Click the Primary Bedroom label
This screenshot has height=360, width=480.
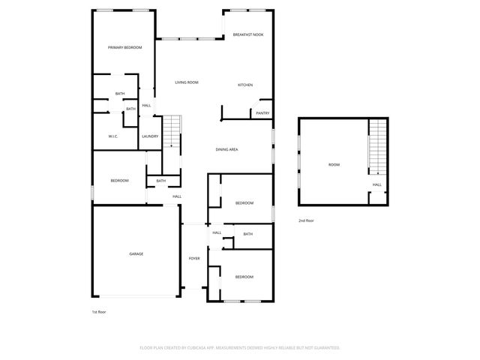(124, 47)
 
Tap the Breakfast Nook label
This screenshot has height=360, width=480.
(247, 34)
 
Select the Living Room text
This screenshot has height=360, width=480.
(186, 82)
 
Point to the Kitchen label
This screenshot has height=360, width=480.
(245, 85)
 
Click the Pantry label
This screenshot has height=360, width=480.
(262, 113)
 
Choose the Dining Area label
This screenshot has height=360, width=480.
(226, 150)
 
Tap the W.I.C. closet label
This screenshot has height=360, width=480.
(112, 136)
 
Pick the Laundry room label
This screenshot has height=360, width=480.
(150, 136)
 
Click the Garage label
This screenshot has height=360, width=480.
(136, 253)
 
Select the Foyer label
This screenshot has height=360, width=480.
(194, 258)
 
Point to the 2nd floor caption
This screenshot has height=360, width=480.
(306, 220)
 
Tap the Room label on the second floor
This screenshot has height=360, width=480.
(334, 164)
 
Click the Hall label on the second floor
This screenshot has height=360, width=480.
(377, 184)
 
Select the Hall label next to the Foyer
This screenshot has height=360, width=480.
(216, 232)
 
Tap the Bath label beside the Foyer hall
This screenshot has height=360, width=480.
(247, 234)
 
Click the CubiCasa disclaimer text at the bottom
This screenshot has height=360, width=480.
(240, 348)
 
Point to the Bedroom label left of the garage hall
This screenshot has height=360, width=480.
(119, 181)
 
